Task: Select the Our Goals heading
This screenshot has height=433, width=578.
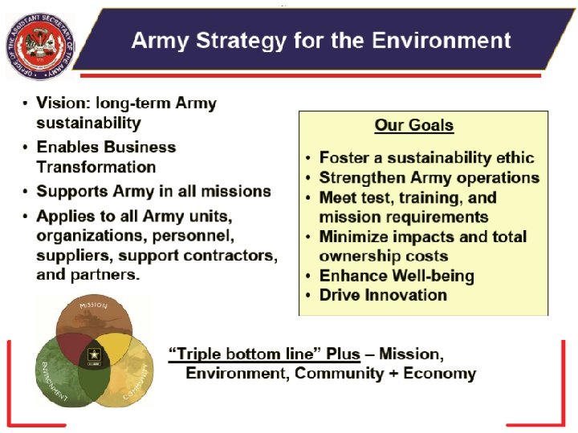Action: click(413, 126)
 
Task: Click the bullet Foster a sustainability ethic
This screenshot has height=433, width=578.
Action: click(426, 158)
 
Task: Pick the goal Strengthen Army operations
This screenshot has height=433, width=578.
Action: click(429, 178)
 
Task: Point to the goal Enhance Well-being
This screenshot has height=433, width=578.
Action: click(397, 276)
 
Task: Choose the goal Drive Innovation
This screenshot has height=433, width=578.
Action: click(383, 295)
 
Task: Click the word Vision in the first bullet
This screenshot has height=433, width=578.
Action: click(63, 103)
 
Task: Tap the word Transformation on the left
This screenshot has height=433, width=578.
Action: click(96, 167)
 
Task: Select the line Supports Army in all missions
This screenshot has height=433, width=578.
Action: click(153, 192)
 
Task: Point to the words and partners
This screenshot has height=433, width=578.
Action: click(88, 275)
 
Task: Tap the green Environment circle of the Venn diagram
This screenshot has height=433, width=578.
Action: click(58, 377)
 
